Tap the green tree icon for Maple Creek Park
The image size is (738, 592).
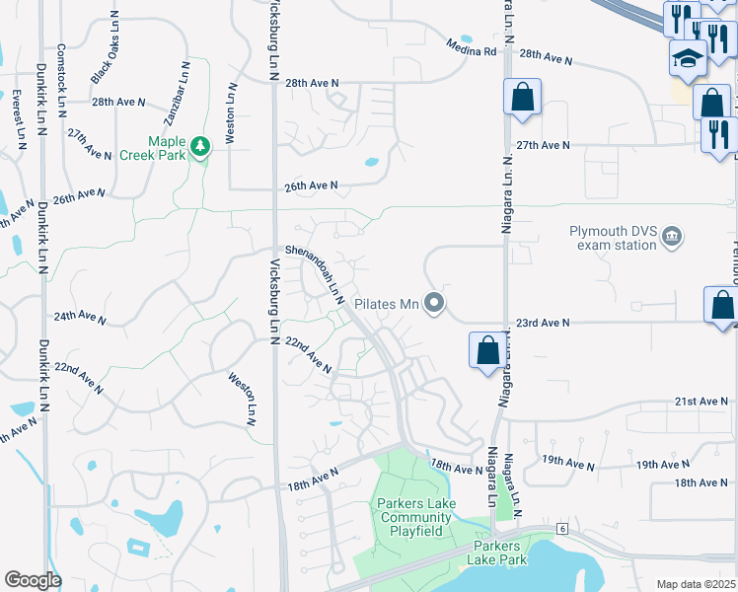click(201, 147)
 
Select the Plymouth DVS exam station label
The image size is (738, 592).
click(613, 238)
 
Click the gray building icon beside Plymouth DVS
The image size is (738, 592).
click(673, 236)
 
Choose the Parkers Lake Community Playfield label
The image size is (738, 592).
click(410, 517)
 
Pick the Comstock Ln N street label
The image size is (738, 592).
click(62, 75)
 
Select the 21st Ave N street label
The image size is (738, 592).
click(700, 402)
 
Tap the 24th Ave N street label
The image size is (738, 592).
click(80, 318)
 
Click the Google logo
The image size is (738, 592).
click(33, 579)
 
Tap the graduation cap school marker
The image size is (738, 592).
click(687, 58)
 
